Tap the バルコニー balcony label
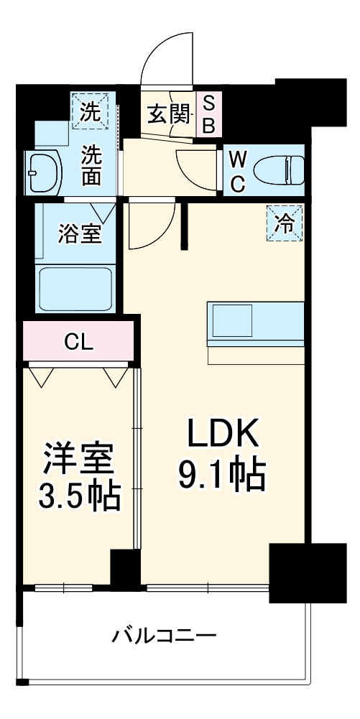(165, 636)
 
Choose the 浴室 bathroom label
(79, 233)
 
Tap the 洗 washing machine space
(90, 111)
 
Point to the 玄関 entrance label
(169, 113)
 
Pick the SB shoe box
(208, 114)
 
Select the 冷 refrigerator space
(285, 223)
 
